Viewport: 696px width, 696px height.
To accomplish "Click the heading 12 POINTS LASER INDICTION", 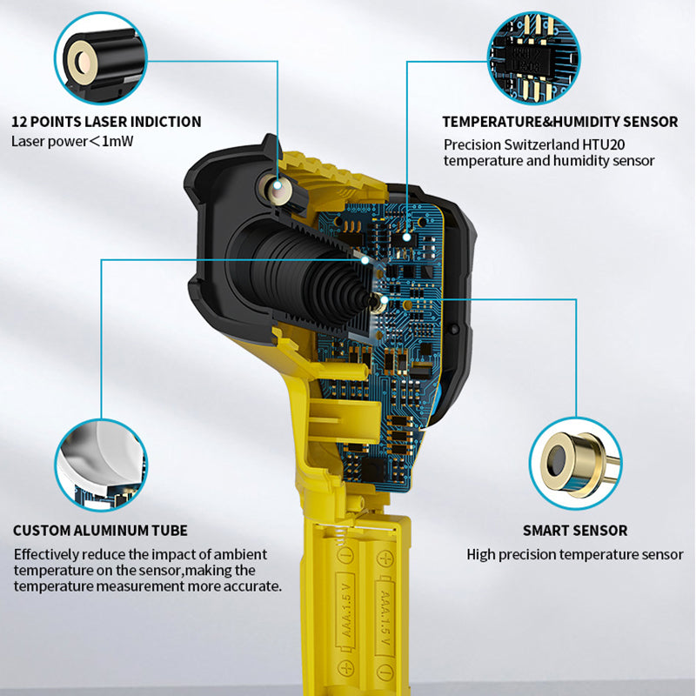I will (x=106, y=122).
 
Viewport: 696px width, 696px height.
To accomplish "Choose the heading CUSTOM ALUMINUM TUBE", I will (x=100, y=531).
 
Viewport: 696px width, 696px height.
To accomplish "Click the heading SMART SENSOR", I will (x=574, y=531).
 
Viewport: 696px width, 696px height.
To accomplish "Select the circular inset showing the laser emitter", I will (x=99, y=58).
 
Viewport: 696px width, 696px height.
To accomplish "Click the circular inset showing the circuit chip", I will (x=533, y=58).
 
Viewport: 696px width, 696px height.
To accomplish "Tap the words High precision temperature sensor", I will (x=574, y=554).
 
